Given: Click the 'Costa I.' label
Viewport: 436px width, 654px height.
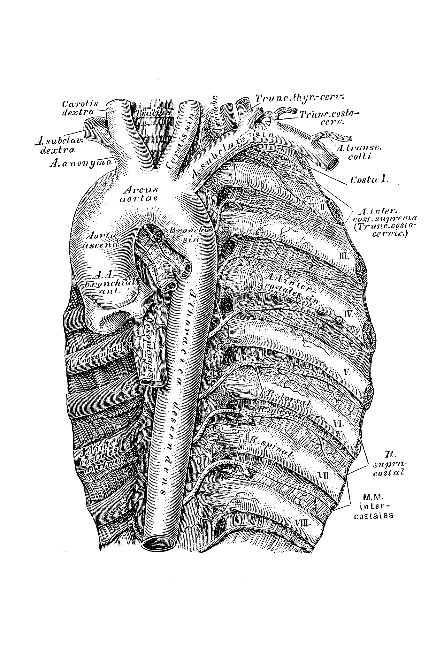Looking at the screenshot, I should pyautogui.click(x=369, y=180).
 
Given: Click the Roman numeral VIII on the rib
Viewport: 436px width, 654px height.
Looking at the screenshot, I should pyautogui.click(x=302, y=532).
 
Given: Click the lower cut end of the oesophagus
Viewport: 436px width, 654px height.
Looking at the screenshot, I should pyautogui.click(x=152, y=382).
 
